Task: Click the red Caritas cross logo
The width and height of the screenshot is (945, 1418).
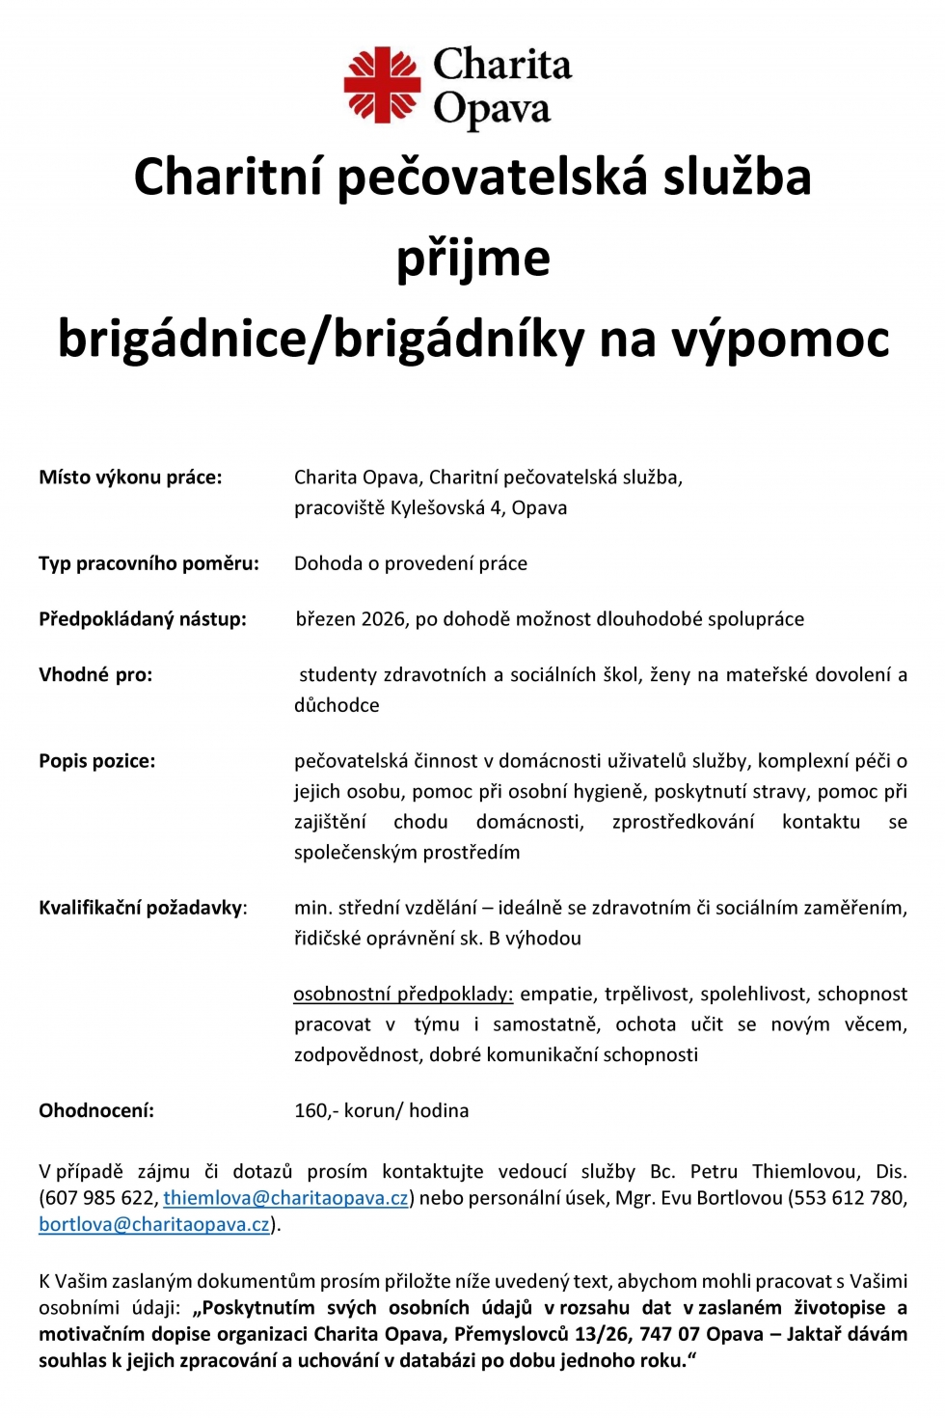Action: point(382,85)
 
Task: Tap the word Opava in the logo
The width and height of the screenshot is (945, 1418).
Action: point(492,110)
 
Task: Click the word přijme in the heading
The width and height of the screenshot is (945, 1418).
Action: point(472,259)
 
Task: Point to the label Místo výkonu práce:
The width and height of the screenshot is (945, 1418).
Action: point(130,477)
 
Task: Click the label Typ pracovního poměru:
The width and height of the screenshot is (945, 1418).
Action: point(148,563)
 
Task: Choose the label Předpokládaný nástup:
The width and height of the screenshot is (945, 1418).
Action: point(143,619)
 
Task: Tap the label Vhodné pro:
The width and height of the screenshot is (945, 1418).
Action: point(95,675)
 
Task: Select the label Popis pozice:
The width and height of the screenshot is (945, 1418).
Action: point(96,761)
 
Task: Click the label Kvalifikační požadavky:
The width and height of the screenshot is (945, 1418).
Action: point(143,908)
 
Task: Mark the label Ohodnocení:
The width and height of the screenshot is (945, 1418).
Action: point(96,1111)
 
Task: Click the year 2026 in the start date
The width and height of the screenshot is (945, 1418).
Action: point(383,619)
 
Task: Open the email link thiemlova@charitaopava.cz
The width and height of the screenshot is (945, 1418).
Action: point(285,1198)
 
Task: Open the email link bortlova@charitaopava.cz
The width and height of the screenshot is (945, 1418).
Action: point(154,1225)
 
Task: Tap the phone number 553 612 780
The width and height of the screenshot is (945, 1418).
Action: point(847,1198)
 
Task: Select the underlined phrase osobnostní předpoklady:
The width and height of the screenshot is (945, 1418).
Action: point(403,995)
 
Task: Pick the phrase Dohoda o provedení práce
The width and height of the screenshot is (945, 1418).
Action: point(411,563)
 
